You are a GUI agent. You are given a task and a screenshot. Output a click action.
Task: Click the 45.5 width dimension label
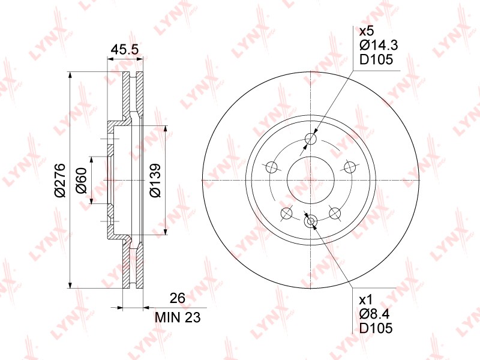tap(125, 49)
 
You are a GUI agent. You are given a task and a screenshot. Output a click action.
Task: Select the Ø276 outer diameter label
tap(60, 180)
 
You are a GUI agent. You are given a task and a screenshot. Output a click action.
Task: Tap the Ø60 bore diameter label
tap(82, 180)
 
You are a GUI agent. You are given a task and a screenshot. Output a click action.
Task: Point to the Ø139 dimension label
tap(155, 180)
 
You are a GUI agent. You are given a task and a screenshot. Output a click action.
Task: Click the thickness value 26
tap(178, 298)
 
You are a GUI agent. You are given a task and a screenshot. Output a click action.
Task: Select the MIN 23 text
tap(178, 317)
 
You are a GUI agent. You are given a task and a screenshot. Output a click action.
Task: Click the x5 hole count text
tap(367, 31)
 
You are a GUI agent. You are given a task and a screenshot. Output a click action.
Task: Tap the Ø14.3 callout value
tap(379, 45)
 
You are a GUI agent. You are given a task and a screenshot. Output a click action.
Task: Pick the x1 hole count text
tap(365, 299)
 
